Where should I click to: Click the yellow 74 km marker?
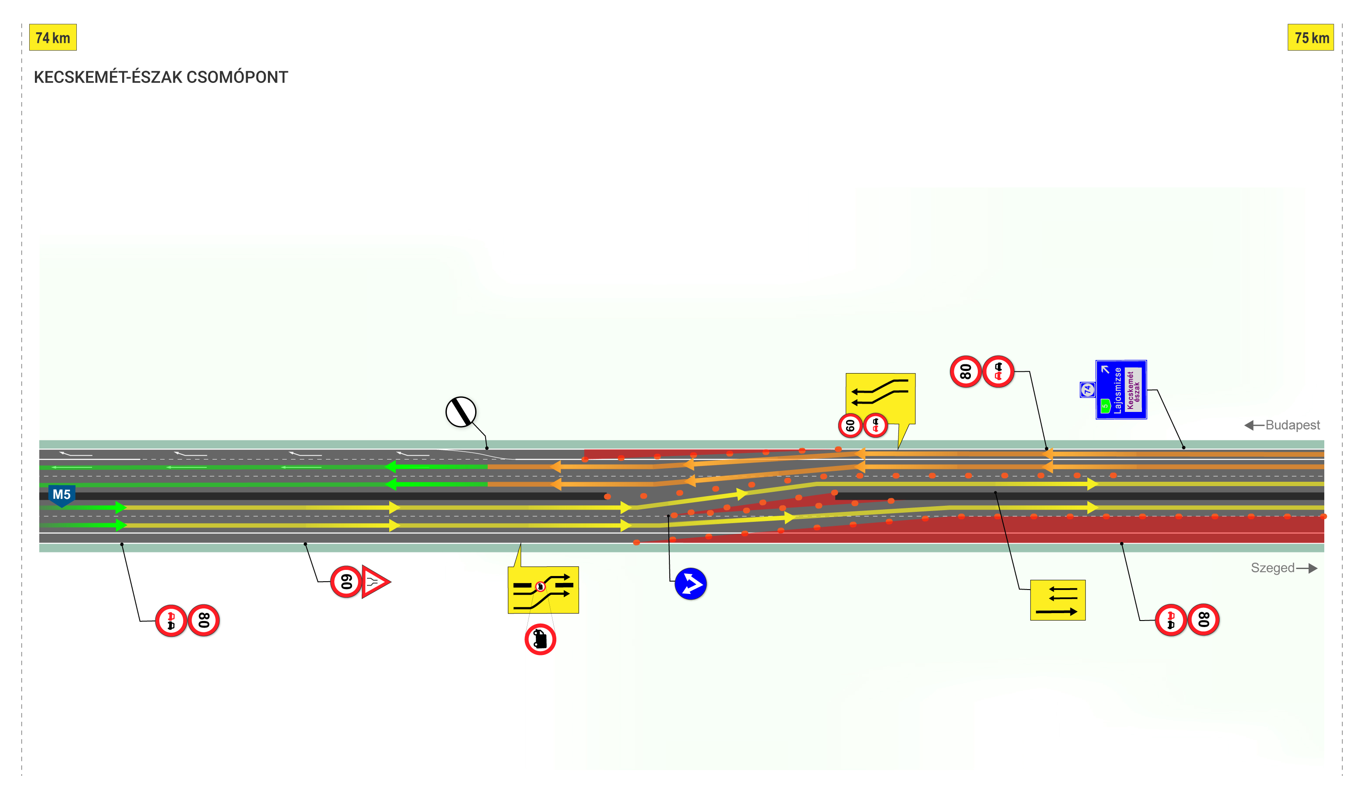pos(52,38)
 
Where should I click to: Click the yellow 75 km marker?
pos(1310,38)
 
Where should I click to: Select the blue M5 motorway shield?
pos(62,495)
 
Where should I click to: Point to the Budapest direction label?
pos(1292,425)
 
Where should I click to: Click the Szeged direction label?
pos(1272,568)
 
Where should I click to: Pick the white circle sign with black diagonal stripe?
pos(461,412)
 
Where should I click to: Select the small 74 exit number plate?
pos(1087,390)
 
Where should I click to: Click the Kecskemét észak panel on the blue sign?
pos(1133,390)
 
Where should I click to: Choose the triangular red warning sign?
pos(375,582)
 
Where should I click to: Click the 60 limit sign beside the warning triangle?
pos(346,582)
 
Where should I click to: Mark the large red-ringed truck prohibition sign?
pos(540,639)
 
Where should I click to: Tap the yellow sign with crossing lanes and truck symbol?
pos(543,590)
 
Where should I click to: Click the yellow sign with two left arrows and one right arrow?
pos(1058,600)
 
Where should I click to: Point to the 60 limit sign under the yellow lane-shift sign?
pos(850,425)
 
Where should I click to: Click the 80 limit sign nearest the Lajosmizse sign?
pos(966,371)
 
